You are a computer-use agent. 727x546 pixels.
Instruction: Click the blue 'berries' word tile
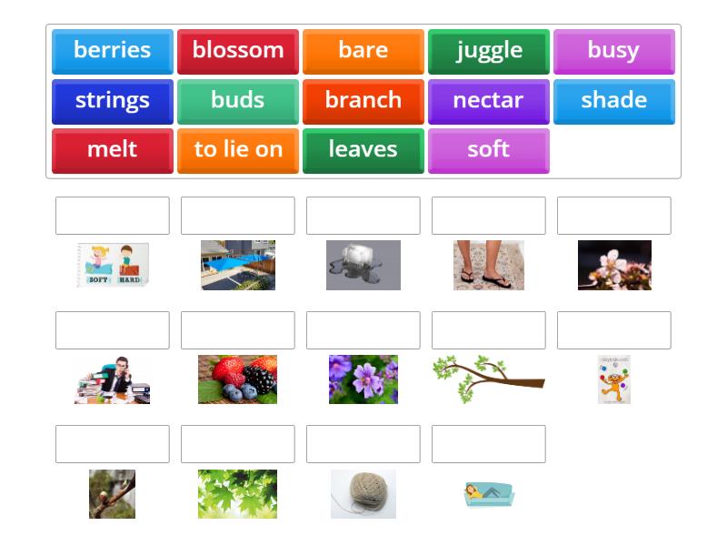coord(113,51)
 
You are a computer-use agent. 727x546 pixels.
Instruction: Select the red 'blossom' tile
coord(238,51)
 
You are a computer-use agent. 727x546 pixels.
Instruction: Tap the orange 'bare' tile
coord(363,51)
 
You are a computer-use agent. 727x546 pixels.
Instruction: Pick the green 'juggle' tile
coord(489,51)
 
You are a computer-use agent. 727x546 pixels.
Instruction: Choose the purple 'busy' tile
coord(613,51)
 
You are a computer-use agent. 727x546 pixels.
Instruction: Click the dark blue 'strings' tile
coord(113,101)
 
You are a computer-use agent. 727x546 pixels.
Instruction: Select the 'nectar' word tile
coord(489,101)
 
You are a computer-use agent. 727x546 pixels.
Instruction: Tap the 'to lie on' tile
coord(238,150)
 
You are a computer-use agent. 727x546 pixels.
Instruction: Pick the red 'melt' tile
coord(113,150)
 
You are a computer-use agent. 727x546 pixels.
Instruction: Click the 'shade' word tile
coord(613,101)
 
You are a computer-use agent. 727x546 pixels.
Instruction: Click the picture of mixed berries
coord(238,379)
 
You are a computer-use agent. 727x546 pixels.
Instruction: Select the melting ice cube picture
coord(363,265)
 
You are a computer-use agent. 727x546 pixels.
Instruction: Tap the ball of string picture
coord(363,494)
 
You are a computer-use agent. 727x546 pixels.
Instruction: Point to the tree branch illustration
coord(489,378)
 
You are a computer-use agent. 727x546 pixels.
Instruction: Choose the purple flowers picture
coord(363,379)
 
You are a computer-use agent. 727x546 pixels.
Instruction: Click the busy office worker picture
coord(113,379)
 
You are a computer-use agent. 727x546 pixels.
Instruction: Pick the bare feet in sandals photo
coord(489,265)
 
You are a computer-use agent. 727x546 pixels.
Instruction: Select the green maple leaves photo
coord(238,494)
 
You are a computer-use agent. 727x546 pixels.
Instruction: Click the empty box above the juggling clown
coord(613,330)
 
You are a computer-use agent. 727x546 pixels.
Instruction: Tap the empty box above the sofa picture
coord(489,444)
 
